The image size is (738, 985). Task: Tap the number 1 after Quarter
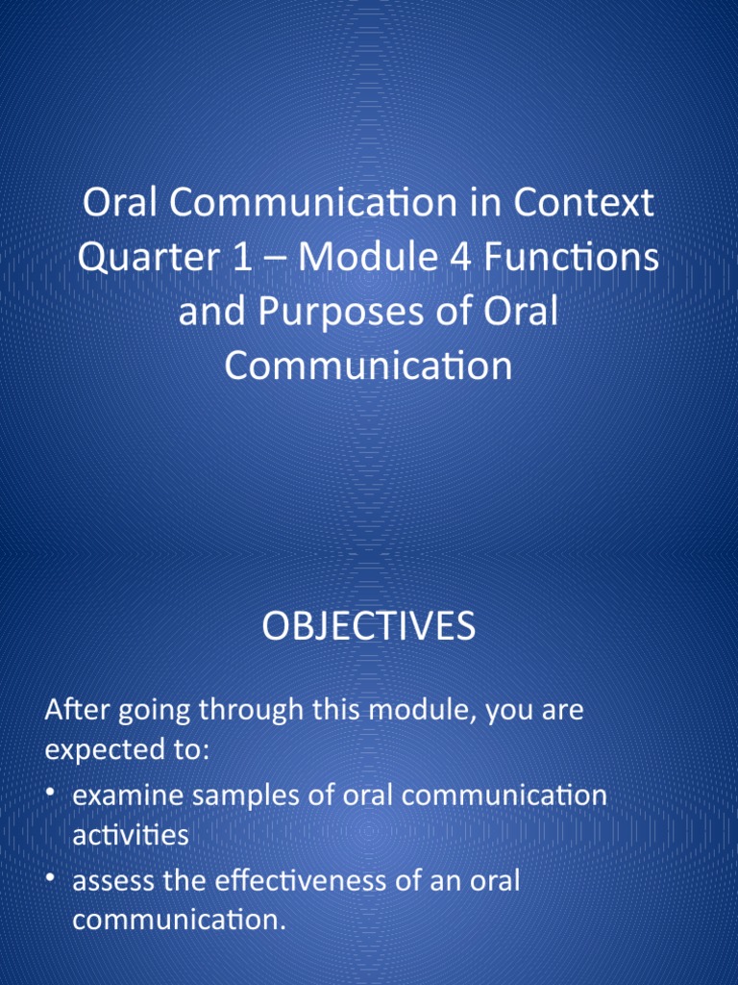click(x=253, y=259)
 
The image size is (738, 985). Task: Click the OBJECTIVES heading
click(x=368, y=628)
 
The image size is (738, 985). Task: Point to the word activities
click(x=131, y=835)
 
